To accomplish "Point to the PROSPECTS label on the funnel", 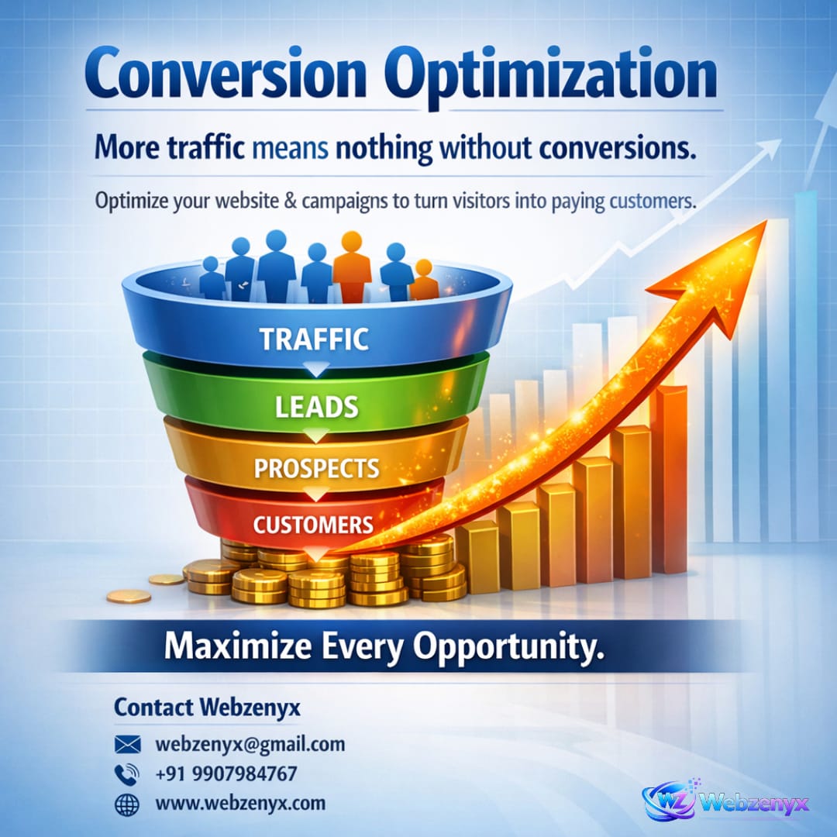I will tap(317, 469).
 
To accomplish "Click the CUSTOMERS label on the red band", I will tap(313, 525).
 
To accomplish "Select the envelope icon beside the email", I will tap(127, 745).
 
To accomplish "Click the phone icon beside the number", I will tap(126, 774).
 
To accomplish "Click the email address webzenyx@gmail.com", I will tap(250, 745).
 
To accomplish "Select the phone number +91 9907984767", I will tap(226, 773).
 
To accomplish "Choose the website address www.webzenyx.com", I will tap(240, 804).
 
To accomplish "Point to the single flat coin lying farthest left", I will tap(128, 596).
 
